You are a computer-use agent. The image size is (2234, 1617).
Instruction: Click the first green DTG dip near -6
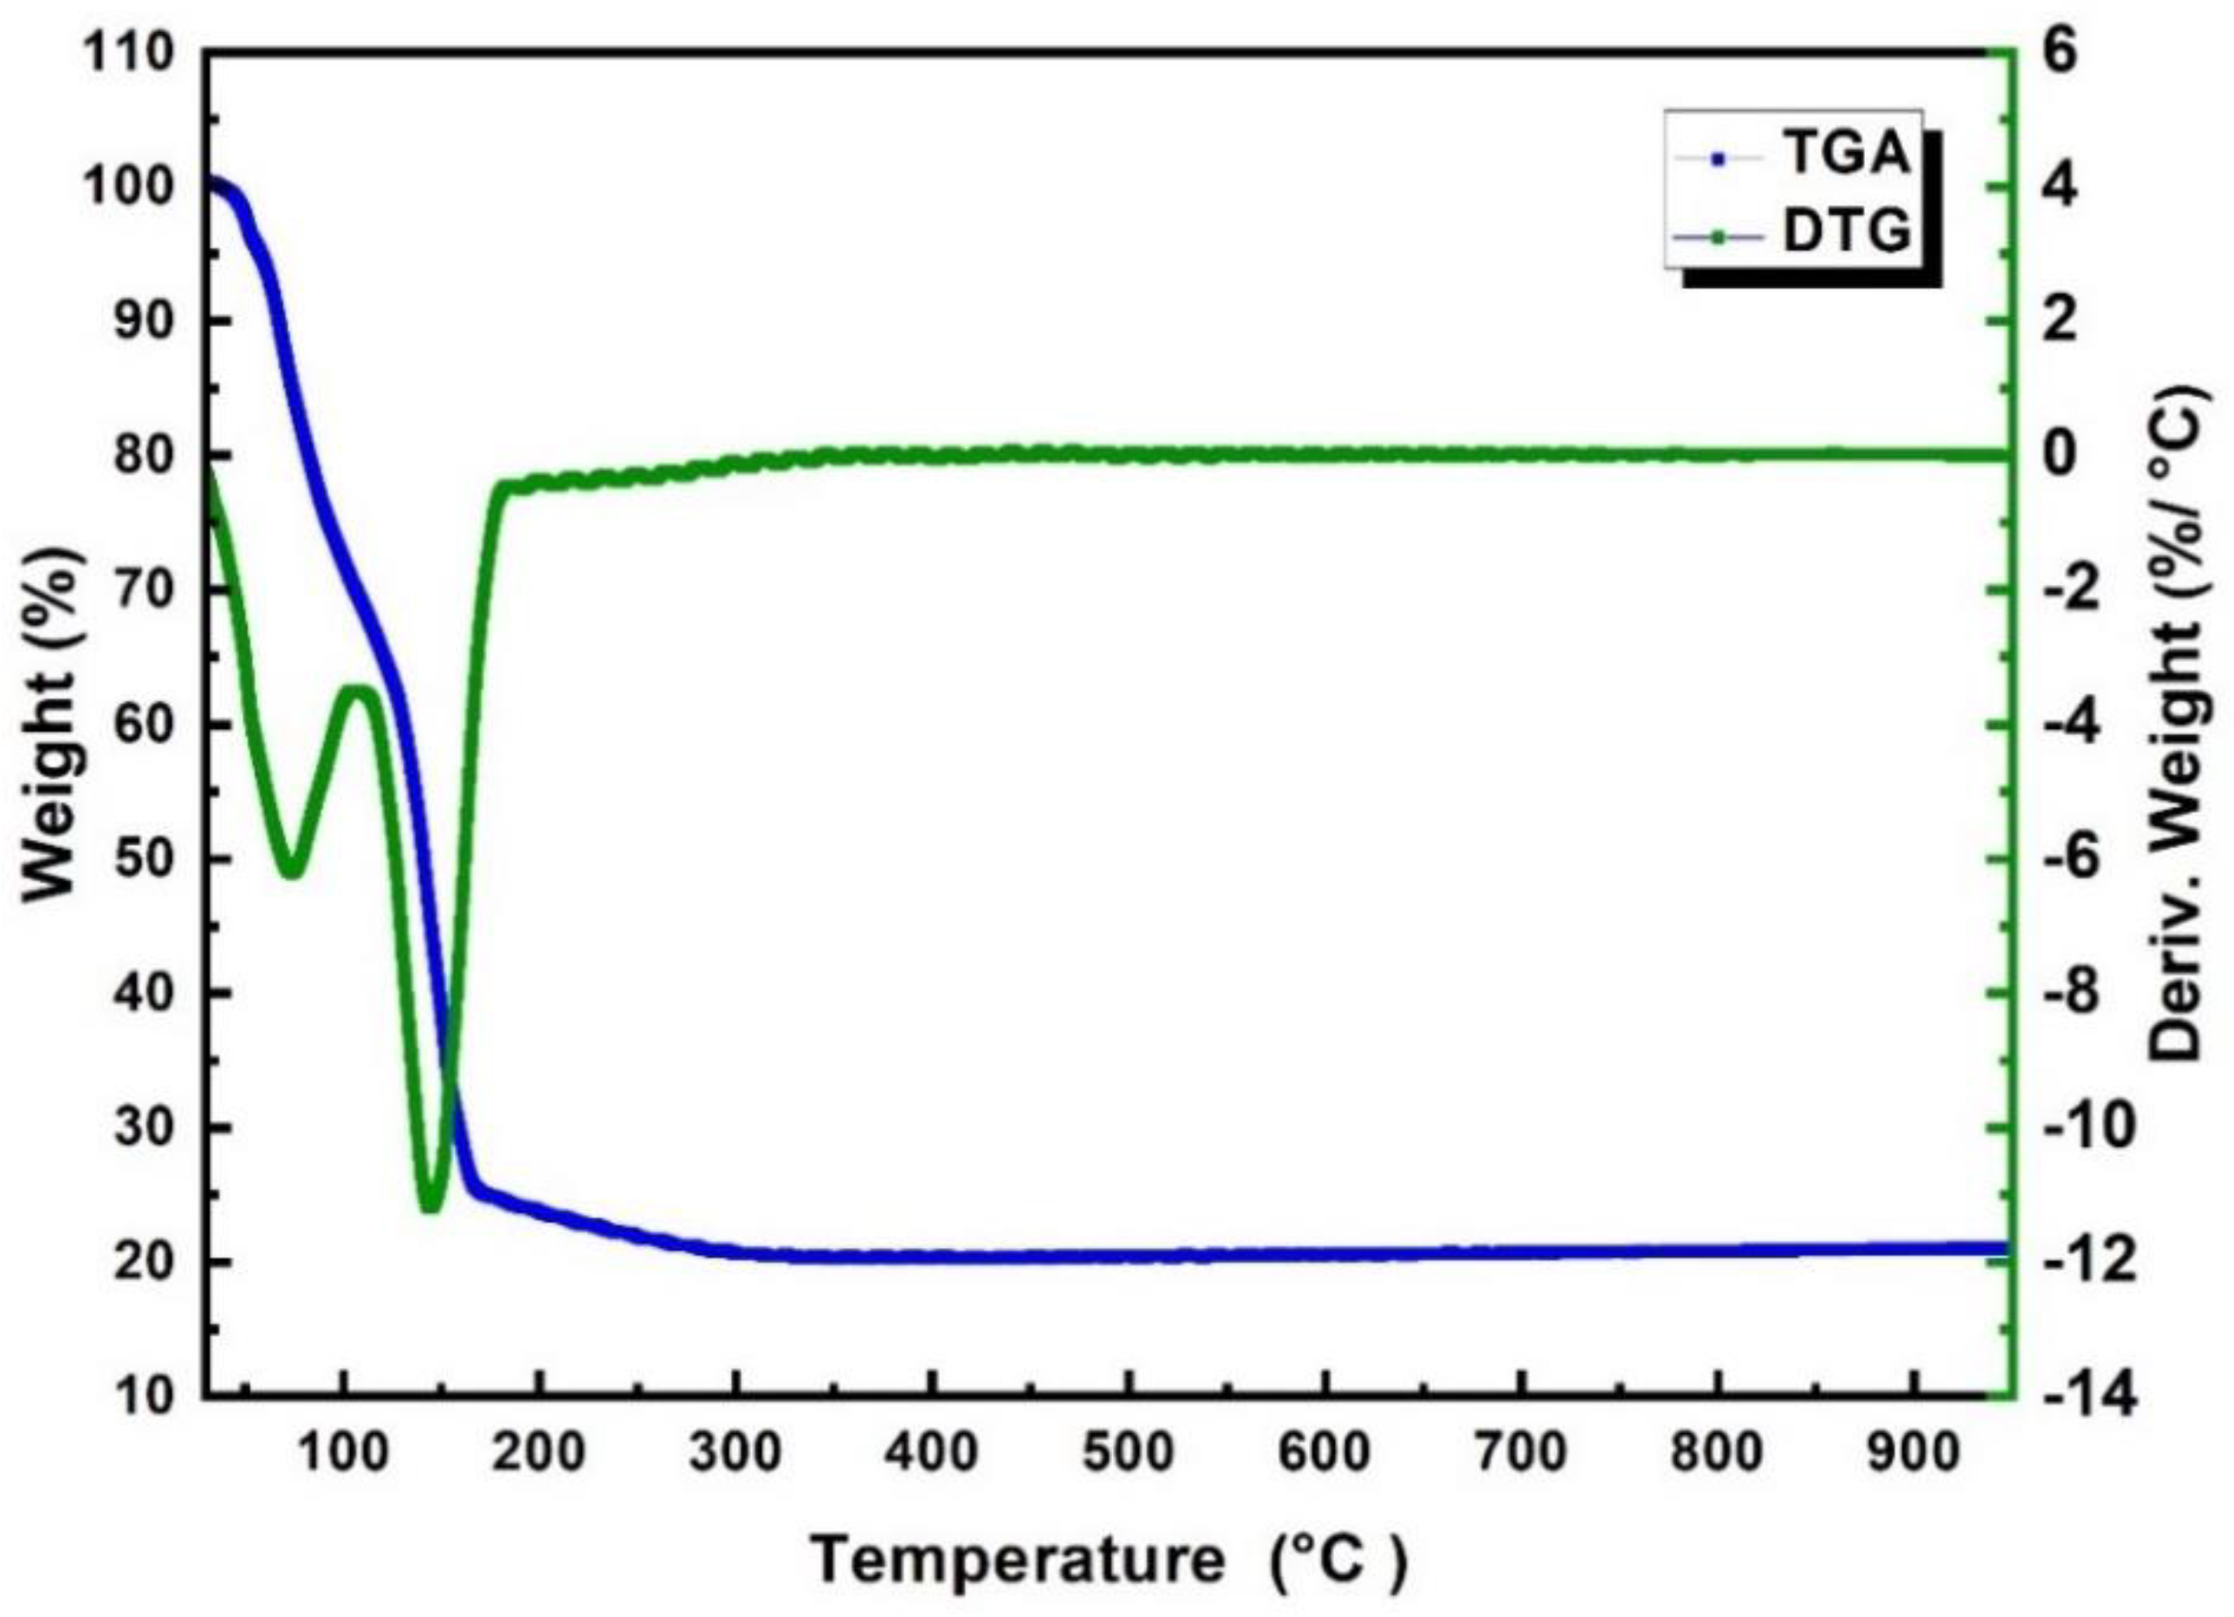(x=290, y=873)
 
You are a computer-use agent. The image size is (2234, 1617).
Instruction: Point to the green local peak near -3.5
(x=359, y=690)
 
